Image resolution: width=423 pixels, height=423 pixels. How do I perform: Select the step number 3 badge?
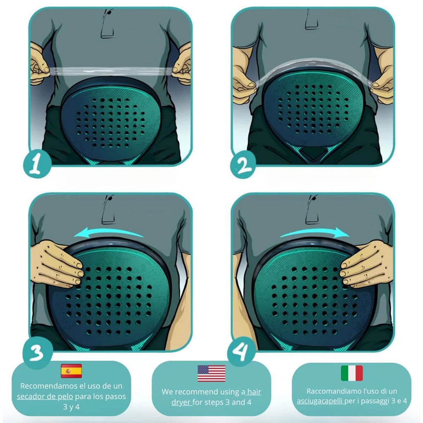click(37, 354)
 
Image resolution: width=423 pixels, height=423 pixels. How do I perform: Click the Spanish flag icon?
click(71, 371)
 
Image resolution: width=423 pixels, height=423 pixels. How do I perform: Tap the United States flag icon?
click(211, 373)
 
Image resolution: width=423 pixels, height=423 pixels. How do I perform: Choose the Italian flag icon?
click(352, 373)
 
